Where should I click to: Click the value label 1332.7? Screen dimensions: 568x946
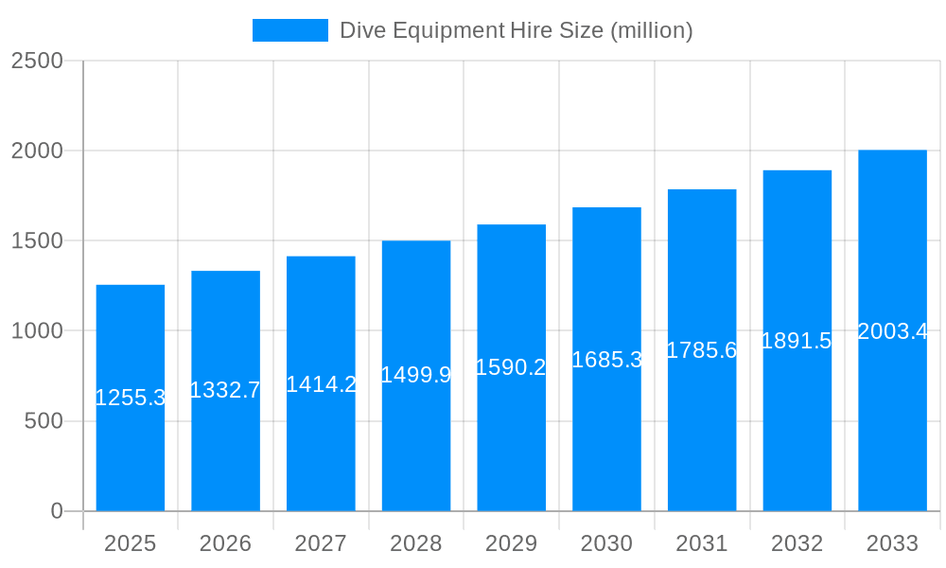pyautogui.click(x=225, y=390)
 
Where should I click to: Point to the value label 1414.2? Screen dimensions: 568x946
pyautogui.click(x=321, y=383)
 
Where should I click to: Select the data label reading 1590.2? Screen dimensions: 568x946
pyautogui.click(x=511, y=367)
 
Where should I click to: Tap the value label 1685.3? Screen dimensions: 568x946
pyautogui.click(x=606, y=360)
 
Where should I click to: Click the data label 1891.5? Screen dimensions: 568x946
pyautogui.click(x=797, y=341)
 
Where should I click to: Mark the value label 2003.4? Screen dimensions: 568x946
pyautogui.click(x=892, y=331)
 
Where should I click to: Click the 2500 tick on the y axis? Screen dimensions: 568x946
pyautogui.click(x=37, y=62)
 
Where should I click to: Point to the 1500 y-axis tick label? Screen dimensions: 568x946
pyautogui.click(x=37, y=241)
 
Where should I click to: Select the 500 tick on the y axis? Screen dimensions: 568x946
pyautogui.click(x=44, y=421)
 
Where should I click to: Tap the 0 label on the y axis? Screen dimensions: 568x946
pyautogui.click(x=56, y=511)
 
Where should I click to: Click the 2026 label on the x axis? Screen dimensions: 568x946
pyautogui.click(x=225, y=543)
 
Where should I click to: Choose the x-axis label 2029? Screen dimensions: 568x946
pyautogui.click(x=511, y=543)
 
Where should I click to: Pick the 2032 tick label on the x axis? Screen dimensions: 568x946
pyautogui.click(x=797, y=543)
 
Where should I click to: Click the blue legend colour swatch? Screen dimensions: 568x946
pyautogui.click(x=289, y=30)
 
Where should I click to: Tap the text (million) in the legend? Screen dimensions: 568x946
pyautogui.click(x=651, y=30)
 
